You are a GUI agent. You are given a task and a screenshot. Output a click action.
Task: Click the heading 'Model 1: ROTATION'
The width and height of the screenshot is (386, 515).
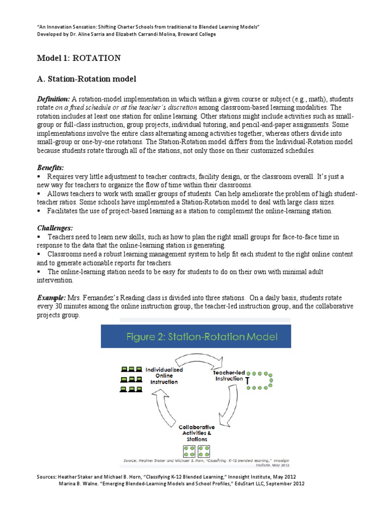tap(79, 58)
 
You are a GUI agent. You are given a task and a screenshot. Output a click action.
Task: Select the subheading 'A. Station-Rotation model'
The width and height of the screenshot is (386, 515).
tap(87, 79)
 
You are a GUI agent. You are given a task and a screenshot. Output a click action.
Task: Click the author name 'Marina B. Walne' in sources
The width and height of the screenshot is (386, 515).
tap(81, 483)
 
